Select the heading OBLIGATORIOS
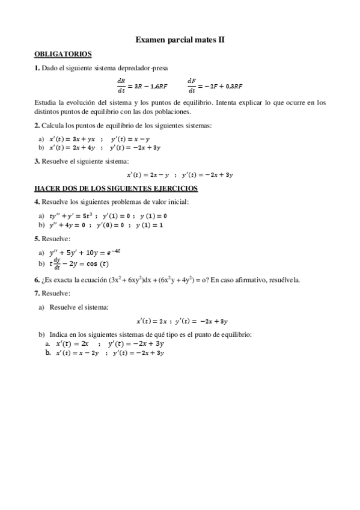[x=63, y=54]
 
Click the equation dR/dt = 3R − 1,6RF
[x=142, y=85]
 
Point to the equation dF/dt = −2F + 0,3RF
[x=215, y=85]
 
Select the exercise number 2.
[x=37, y=125]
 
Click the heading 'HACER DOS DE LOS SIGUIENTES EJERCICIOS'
[x=116, y=188]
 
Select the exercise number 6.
[x=37, y=280]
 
